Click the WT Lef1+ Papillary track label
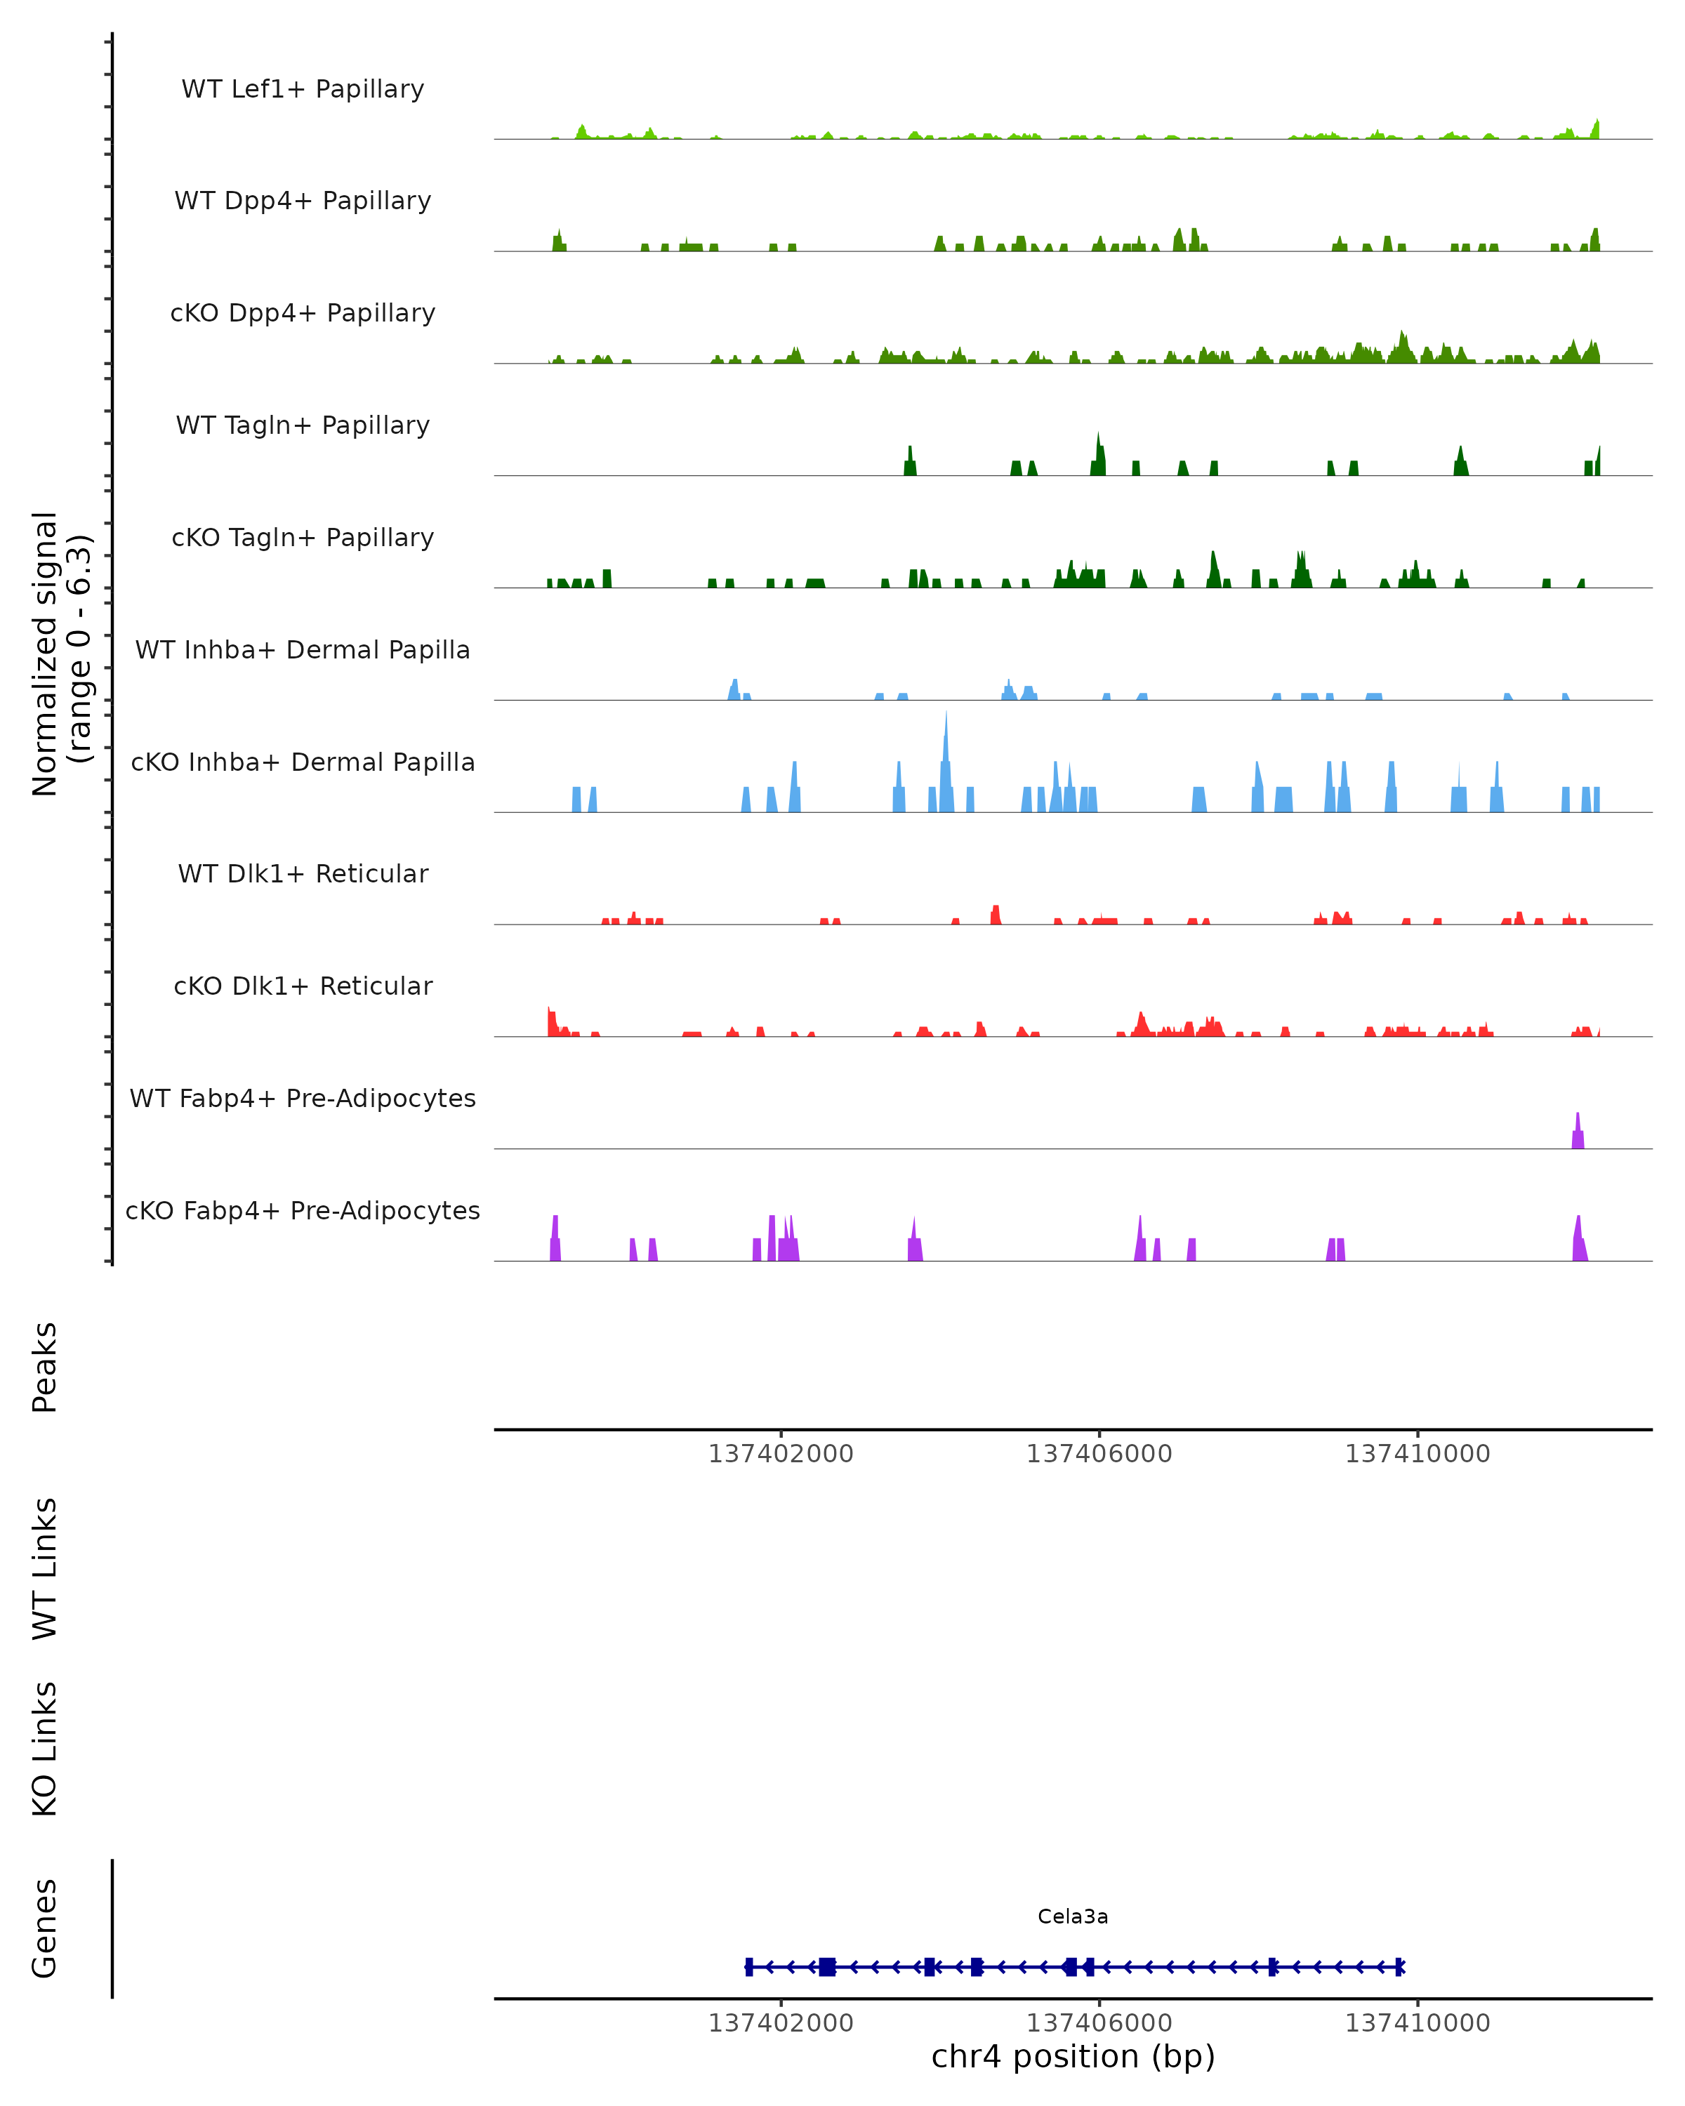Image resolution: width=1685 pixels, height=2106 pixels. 303,89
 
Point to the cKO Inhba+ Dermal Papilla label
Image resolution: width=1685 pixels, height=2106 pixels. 303,762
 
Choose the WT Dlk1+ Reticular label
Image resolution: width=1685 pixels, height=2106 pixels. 303,873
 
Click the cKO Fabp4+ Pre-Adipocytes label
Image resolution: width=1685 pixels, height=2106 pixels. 303,1210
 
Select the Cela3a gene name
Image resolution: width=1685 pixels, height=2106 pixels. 1073,1916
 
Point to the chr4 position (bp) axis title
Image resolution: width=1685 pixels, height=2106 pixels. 1073,2056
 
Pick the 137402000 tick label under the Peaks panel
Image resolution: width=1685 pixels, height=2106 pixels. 781,1455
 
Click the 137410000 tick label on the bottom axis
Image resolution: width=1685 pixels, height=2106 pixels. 1418,2023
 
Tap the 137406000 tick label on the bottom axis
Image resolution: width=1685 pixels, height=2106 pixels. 1099,2023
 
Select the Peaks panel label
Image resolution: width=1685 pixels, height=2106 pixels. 45,1367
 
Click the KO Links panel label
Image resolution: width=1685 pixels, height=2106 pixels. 45,1749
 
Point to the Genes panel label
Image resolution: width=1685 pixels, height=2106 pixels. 45,1928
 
